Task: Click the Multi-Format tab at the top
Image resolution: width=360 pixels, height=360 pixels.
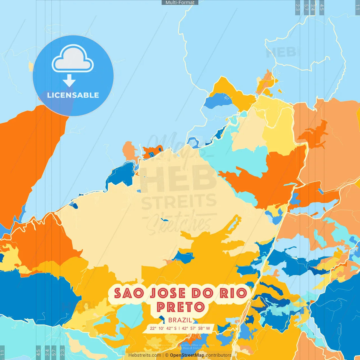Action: (180, 3)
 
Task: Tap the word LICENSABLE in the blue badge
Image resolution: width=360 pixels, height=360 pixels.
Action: (73, 95)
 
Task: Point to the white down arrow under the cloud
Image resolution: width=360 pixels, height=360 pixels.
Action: (69, 80)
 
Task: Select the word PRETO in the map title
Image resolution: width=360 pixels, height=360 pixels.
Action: (181, 307)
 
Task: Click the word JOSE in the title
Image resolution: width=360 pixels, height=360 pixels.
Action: (168, 293)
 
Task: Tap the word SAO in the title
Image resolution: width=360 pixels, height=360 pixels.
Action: (129, 293)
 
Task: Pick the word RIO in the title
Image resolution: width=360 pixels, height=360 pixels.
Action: (233, 293)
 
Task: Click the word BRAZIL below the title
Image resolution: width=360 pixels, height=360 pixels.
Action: (180, 320)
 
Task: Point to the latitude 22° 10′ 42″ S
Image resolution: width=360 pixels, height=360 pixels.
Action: (163, 328)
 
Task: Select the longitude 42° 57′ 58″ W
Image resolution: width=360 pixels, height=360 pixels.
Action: (196, 328)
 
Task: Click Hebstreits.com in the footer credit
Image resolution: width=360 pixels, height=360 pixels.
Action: (145, 355)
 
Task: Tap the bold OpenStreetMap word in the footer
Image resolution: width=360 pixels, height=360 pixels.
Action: (187, 355)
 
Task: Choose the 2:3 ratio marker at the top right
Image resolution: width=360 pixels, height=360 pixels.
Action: (298, 7)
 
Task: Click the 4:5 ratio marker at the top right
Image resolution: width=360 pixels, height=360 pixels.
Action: (322, 7)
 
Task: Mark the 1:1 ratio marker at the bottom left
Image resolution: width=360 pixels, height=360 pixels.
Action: (2, 352)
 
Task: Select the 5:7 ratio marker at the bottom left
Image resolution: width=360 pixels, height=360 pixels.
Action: (54, 352)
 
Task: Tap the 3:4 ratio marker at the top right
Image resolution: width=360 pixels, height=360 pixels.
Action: (313, 7)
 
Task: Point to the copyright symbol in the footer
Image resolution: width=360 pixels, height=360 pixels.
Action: (167, 355)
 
